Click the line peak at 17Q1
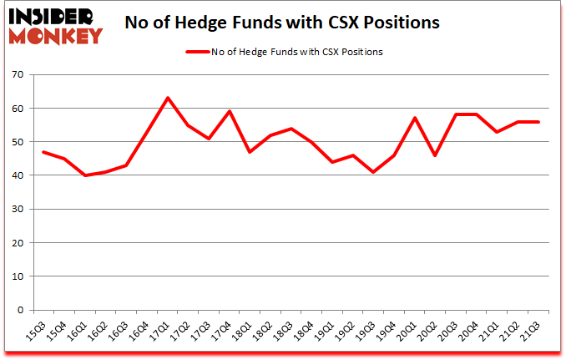click(x=168, y=98)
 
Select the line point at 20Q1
click(x=415, y=118)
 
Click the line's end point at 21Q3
click(x=538, y=122)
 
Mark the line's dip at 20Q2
click(x=436, y=155)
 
